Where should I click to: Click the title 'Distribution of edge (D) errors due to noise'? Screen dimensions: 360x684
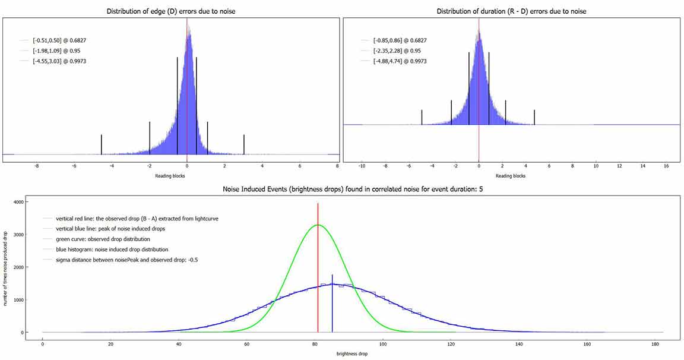(170, 11)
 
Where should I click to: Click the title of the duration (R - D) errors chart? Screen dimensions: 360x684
(511, 11)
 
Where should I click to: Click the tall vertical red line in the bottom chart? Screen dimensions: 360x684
(318, 267)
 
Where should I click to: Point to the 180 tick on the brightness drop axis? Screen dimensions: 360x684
(654, 343)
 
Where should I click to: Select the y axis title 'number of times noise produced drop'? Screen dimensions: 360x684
(5, 267)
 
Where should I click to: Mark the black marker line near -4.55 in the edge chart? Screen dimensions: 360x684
(102, 144)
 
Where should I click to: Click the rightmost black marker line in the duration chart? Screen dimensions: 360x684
(534, 117)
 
